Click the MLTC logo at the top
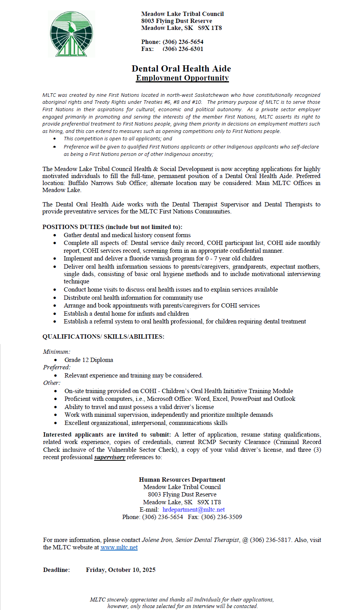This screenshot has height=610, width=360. click(72, 34)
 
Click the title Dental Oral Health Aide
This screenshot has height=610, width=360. click(181, 69)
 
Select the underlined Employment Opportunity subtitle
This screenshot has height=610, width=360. click(182, 78)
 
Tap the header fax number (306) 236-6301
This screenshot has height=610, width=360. click(183, 49)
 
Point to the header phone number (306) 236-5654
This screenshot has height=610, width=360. click(183, 42)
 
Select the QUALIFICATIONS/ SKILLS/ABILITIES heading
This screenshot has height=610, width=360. click(103, 337)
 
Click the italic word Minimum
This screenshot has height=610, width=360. click(56, 352)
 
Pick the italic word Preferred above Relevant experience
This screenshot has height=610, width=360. click(57, 367)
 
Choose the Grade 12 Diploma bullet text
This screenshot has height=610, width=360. click(89, 360)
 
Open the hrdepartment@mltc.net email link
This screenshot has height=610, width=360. click(194, 510)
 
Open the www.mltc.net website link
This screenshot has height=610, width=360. click(119, 547)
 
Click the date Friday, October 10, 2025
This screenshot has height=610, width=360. click(121, 570)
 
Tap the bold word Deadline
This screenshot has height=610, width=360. click(56, 570)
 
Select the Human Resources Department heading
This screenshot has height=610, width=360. click(182, 480)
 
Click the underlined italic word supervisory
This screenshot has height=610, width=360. click(110, 457)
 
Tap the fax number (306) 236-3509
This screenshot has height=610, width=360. click(222, 517)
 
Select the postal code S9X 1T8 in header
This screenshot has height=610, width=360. click(210, 28)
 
